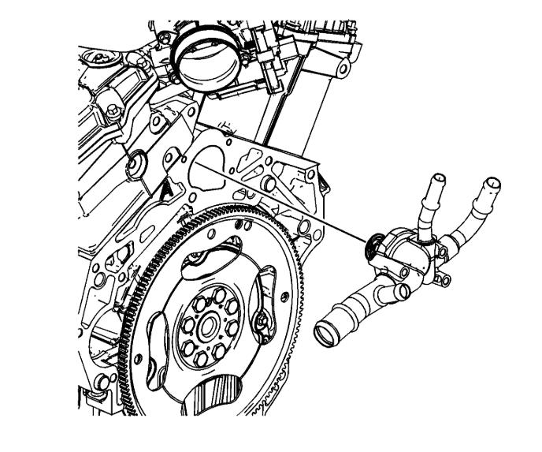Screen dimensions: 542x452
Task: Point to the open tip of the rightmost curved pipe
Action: (x=491, y=188)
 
